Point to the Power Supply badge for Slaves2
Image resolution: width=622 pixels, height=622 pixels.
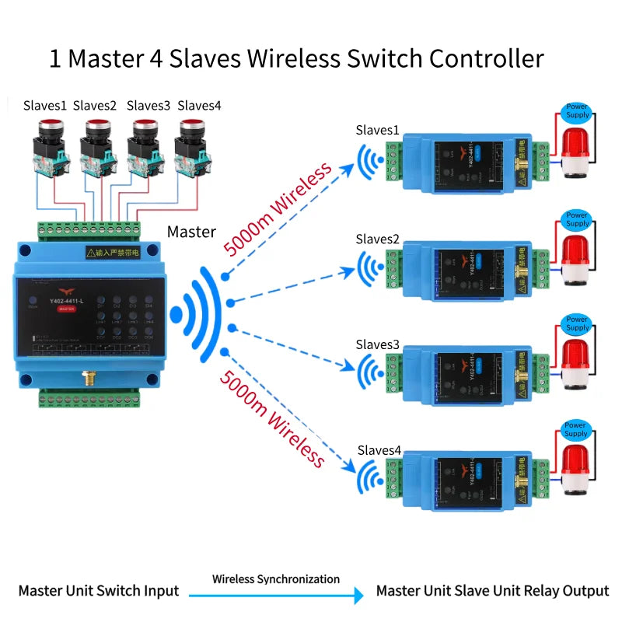pos(577,218)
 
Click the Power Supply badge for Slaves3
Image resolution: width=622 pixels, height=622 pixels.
pos(577,323)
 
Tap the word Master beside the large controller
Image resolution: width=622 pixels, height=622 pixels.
pos(191,232)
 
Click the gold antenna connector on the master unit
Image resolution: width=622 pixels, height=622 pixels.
pos(88,379)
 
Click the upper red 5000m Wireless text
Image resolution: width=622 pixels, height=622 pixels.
pos(278,208)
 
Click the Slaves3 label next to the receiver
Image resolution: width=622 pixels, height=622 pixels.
pos(378,344)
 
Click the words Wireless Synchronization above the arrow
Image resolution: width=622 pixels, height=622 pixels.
pos(276,579)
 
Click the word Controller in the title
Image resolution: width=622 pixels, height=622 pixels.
pos(487,58)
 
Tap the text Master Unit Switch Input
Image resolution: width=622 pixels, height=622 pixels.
pos(99,591)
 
